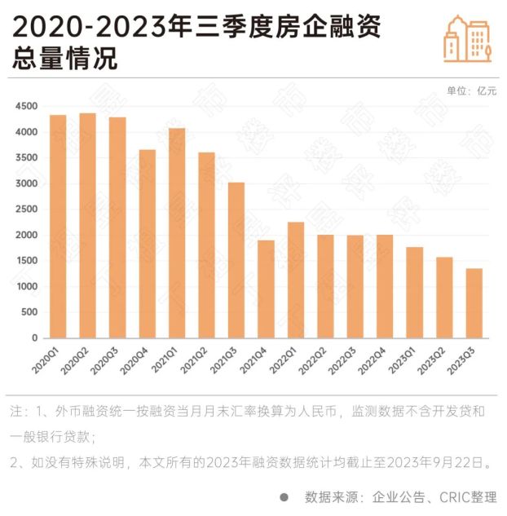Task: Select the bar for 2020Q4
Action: [148, 244]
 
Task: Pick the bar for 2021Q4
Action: [266, 289]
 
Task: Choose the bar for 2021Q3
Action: [236, 260]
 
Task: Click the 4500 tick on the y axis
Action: [26, 107]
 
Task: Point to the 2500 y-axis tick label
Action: [26, 209]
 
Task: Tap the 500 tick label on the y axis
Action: [29, 312]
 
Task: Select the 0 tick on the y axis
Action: [34, 337]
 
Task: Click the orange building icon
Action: [467, 37]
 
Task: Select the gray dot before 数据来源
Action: [284, 496]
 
